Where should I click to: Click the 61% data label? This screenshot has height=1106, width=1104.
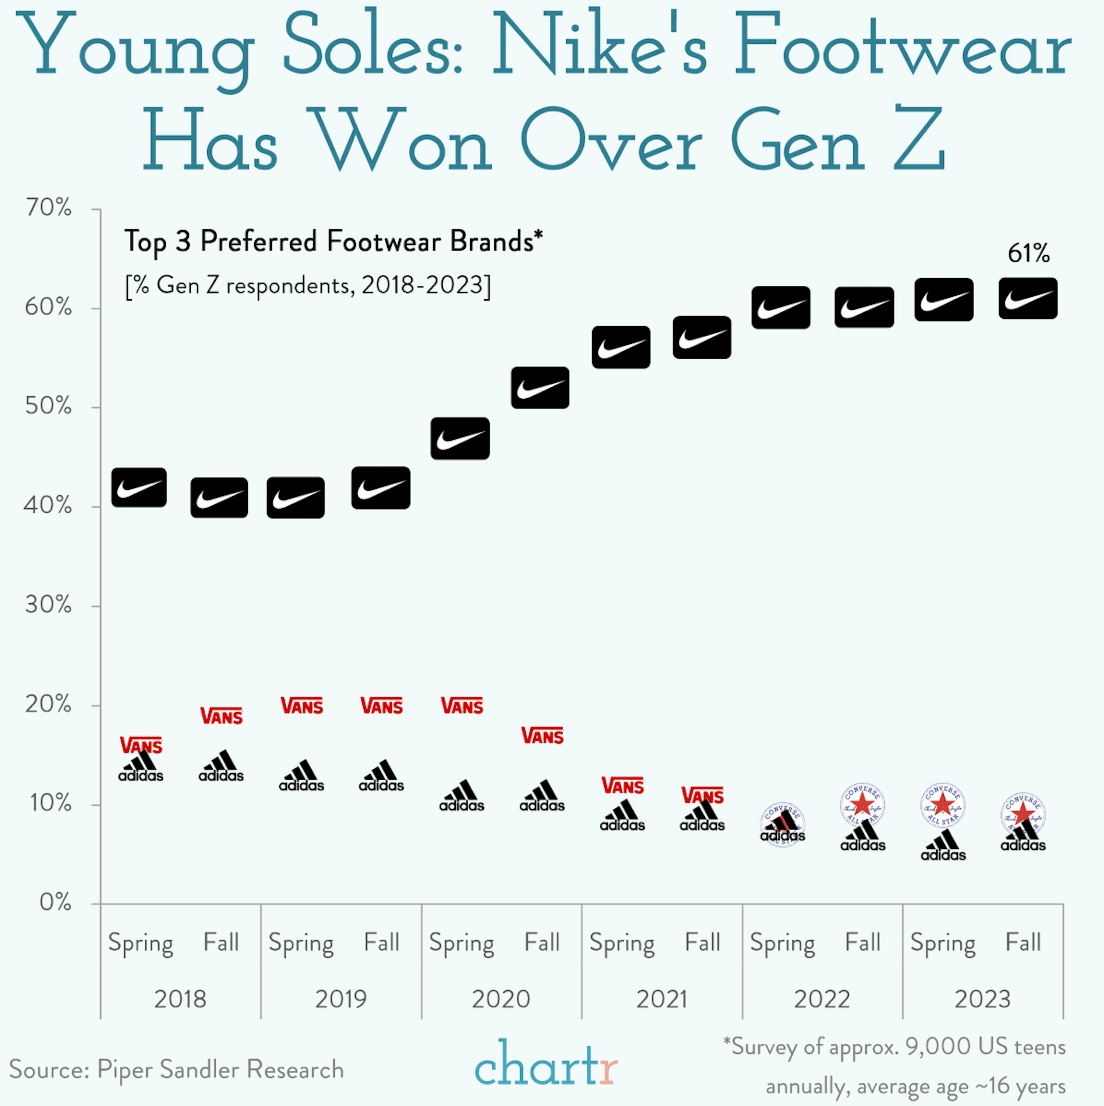pos(1028,253)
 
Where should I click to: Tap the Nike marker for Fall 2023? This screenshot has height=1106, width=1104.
pos(1028,298)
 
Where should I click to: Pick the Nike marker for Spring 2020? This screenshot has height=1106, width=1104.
pos(460,439)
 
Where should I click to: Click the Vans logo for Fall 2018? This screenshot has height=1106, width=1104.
pos(221,715)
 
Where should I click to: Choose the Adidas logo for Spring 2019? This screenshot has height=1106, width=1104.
pos(302,776)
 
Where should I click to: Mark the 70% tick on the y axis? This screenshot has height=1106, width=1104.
pos(49,208)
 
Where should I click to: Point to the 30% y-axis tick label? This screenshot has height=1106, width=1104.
pos(49,605)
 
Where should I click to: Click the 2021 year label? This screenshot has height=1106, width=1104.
pos(662,999)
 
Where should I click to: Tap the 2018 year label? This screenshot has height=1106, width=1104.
pos(180,999)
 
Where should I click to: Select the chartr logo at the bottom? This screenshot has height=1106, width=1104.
pos(546,1065)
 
